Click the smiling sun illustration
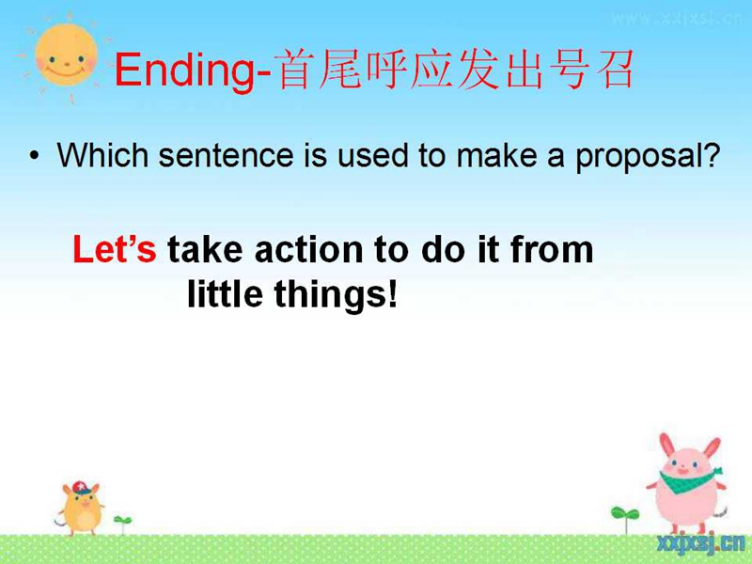[66, 56]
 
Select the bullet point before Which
[34, 155]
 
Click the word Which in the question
[102, 155]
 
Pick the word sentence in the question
[226, 156]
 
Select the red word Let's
[114, 249]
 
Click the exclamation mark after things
[393, 293]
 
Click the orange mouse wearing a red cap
[82, 509]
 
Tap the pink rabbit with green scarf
[687, 483]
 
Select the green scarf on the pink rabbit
[690, 479]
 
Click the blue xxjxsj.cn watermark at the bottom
[700, 543]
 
